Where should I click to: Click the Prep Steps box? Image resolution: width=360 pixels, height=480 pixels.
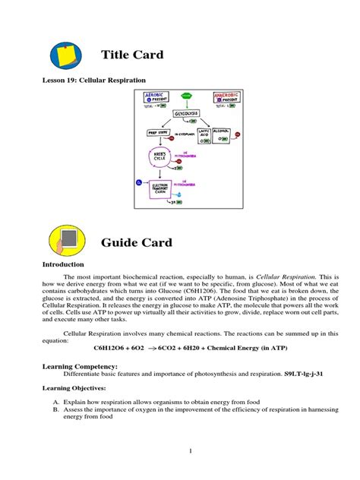point(160,133)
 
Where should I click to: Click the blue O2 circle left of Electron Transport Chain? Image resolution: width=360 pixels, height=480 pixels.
point(139,182)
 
